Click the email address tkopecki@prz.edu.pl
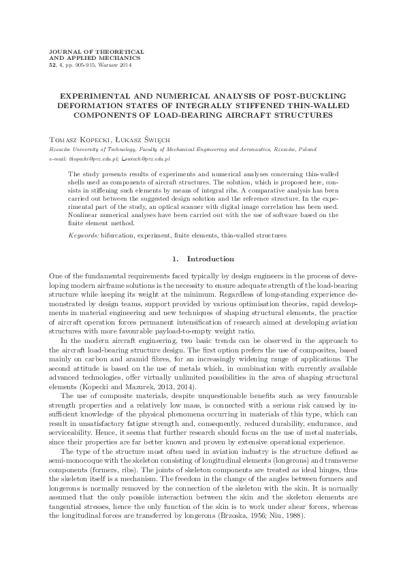pyautogui.click(x=93, y=158)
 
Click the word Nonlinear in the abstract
pyautogui.click(x=82, y=215)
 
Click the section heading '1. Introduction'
pyautogui.click(x=202, y=259)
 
